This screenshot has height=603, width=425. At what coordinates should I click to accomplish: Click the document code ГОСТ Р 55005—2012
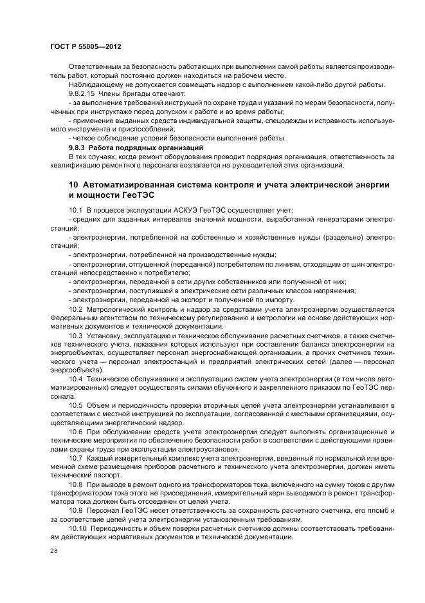pos(85,48)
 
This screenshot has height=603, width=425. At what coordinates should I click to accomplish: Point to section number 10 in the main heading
pos(73,185)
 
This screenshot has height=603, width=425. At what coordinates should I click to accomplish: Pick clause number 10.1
pos(75,211)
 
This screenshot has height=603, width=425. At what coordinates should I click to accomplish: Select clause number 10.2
pos(75,309)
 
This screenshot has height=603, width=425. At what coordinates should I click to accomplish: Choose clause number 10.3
pos(75,336)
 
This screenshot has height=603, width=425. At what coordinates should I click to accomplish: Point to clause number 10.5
pos(75,405)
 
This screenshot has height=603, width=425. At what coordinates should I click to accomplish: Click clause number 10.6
pos(75,430)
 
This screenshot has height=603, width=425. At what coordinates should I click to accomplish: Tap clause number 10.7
pos(75,457)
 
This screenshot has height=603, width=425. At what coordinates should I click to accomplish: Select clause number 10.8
pos(75,483)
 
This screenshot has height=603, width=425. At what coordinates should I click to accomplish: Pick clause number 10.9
pos(75,510)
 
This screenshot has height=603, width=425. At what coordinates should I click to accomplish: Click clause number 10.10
pos(77,528)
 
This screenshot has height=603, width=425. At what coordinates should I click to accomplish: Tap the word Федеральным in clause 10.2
pos(73,318)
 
